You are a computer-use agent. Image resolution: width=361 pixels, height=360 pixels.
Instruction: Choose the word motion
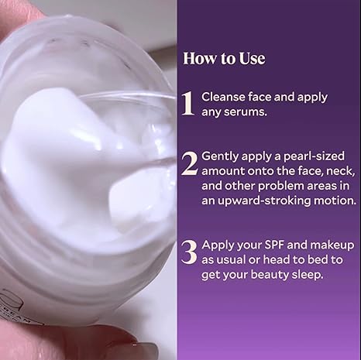tap(328, 201)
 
